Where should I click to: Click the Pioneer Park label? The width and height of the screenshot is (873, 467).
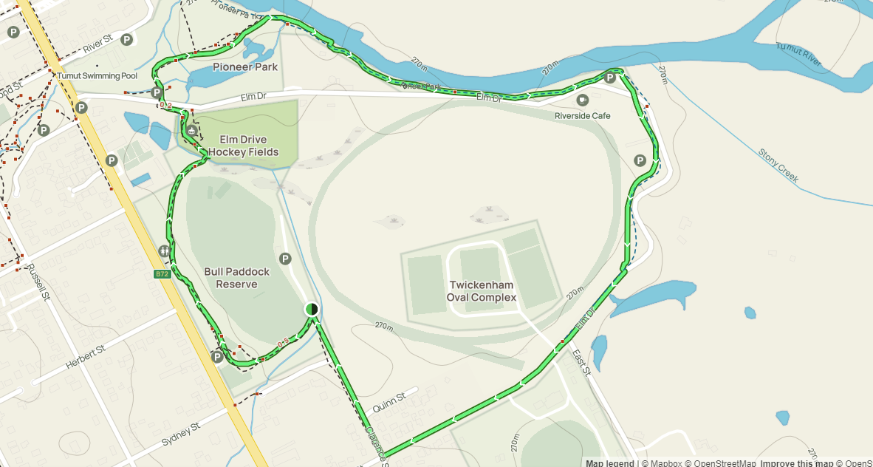pyautogui.click(x=245, y=67)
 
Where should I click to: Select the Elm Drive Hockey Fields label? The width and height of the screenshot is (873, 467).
pyautogui.click(x=243, y=146)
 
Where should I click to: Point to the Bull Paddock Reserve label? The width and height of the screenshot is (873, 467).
pyautogui.click(x=237, y=278)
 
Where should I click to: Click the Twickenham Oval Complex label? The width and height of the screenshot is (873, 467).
pyautogui.click(x=482, y=291)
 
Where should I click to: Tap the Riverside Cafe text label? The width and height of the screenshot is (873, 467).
pyautogui.click(x=583, y=115)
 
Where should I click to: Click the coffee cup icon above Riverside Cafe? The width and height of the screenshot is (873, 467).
pyautogui.click(x=582, y=99)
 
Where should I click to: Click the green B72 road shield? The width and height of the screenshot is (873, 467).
pyautogui.click(x=162, y=274)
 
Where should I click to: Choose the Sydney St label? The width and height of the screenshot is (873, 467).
pyautogui.click(x=181, y=434)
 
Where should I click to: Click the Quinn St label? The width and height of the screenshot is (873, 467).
pyautogui.click(x=388, y=400)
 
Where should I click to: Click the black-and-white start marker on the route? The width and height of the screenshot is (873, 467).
pyautogui.click(x=312, y=309)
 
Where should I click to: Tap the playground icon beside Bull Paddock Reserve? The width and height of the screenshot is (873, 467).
pyautogui.click(x=164, y=251)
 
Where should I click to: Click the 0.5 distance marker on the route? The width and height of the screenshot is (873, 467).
pyautogui.click(x=283, y=343)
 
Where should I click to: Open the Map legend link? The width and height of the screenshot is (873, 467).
pyautogui.click(x=610, y=463)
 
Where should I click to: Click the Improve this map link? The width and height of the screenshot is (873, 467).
pyautogui.click(x=797, y=463)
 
